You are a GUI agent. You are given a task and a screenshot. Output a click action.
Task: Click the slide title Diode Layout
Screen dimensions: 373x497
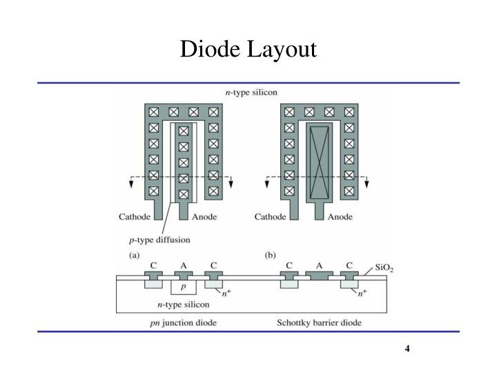[248, 50]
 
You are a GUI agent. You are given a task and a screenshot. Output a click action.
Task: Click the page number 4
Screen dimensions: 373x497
[408, 348]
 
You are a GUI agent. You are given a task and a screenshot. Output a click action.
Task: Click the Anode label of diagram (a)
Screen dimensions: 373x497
[204, 216]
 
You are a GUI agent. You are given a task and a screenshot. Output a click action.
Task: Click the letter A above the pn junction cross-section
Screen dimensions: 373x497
[184, 265]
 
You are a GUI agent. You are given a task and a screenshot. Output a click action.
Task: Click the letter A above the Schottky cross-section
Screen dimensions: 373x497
[319, 265]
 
